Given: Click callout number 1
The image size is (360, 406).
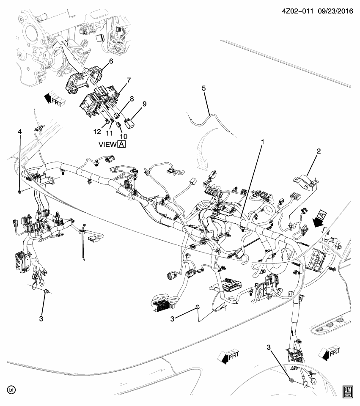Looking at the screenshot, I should pyautogui.click(x=262, y=143).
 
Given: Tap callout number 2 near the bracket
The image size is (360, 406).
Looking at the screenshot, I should pyautogui.click(x=319, y=151).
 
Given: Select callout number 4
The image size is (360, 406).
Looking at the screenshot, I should pyautogui.click(x=19, y=132).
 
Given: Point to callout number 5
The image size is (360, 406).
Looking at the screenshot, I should pyautogui.click(x=203, y=88).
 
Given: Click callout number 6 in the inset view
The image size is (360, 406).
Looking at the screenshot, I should pyautogui.click(x=111, y=61).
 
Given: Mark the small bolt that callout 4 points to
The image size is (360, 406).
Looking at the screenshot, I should pyautogui.click(x=20, y=192).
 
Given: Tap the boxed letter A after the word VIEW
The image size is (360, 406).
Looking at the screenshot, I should pyautogui.click(x=122, y=144).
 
